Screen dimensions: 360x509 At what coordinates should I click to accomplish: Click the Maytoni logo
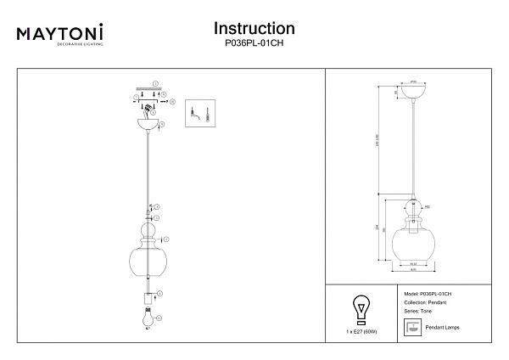pos(60,34)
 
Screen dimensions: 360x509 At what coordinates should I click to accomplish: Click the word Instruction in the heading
pos(254,29)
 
